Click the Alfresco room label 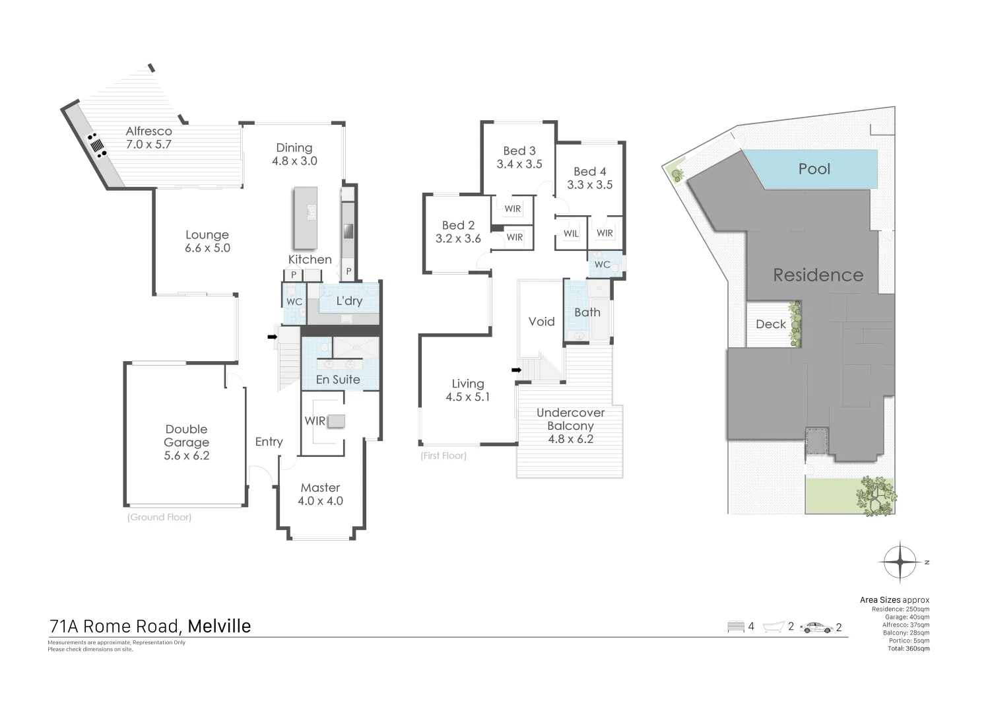(x=148, y=131)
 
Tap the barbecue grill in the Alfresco (x=97, y=145)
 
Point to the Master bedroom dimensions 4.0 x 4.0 (x=321, y=501)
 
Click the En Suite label (x=338, y=380)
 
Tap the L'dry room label (x=349, y=301)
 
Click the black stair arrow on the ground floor (x=272, y=337)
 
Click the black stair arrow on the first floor (x=517, y=370)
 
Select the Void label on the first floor (x=541, y=322)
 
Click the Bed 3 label (x=519, y=151)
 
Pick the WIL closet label (x=571, y=234)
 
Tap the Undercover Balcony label (x=570, y=419)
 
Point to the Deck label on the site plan (x=771, y=324)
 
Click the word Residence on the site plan (x=818, y=275)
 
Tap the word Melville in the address (x=219, y=626)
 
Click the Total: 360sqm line (x=908, y=648)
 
